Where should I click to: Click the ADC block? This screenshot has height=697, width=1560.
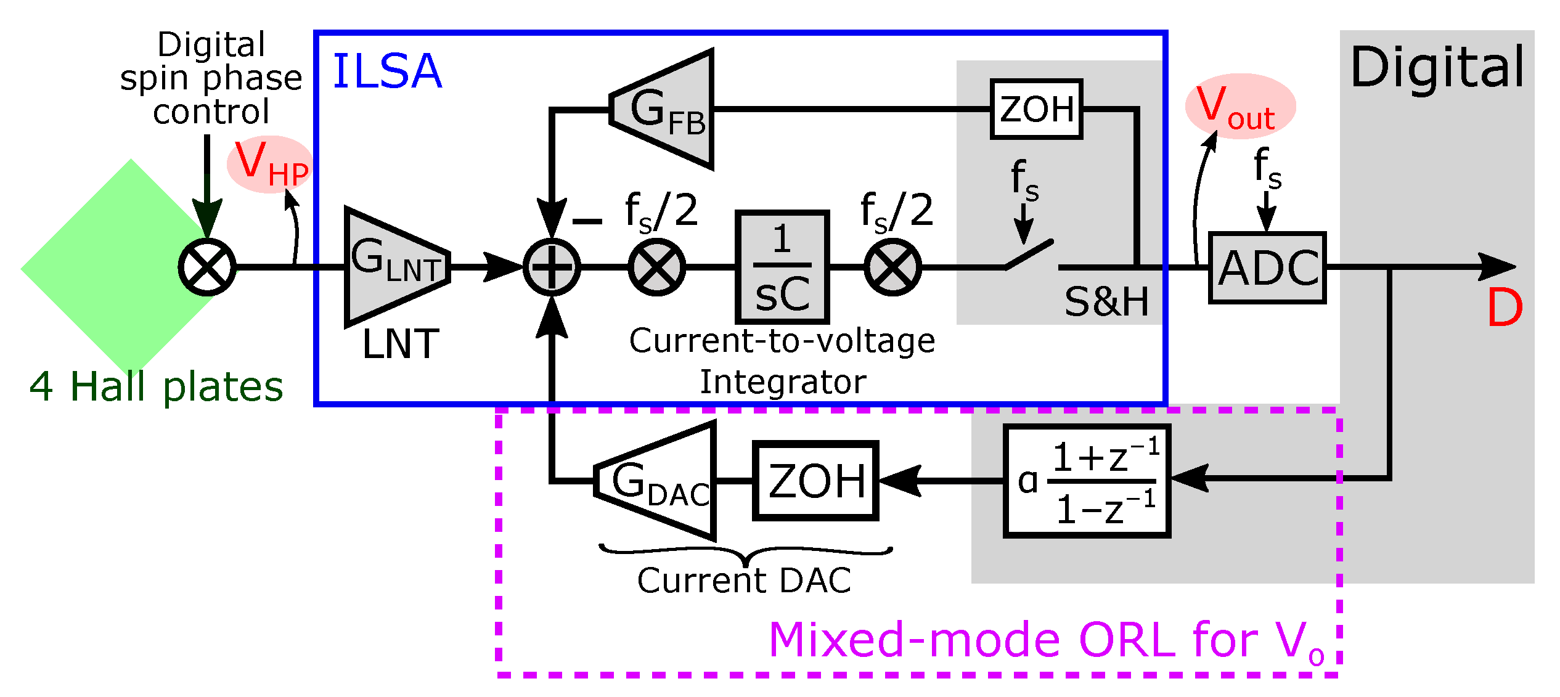pyautogui.click(x=1267, y=267)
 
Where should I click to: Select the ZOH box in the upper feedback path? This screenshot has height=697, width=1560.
pyautogui.click(x=1036, y=109)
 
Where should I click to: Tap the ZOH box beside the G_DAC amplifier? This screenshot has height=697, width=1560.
pyautogui.click(x=815, y=481)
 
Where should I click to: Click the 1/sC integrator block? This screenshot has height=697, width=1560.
pyautogui.click(x=782, y=267)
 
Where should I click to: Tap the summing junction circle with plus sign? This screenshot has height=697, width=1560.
pyautogui.click(x=552, y=267)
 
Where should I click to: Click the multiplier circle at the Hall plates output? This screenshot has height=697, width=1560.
pyautogui.click(x=207, y=267)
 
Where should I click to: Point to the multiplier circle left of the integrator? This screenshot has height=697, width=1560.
pyautogui.click(x=656, y=267)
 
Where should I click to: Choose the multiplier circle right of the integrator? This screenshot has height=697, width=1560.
pyautogui.click(x=892, y=267)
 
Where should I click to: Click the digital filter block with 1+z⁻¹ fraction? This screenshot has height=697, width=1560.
pyautogui.click(x=1087, y=481)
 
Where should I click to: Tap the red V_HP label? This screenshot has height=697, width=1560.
pyautogui.click(x=270, y=164)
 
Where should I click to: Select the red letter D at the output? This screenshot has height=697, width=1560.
pyautogui.click(x=1505, y=308)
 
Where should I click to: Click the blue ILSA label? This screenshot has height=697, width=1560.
pyautogui.click(x=387, y=71)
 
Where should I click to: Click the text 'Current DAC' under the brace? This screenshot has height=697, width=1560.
pyautogui.click(x=744, y=581)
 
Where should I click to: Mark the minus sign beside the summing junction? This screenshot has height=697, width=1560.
pyautogui.click(x=587, y=221)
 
